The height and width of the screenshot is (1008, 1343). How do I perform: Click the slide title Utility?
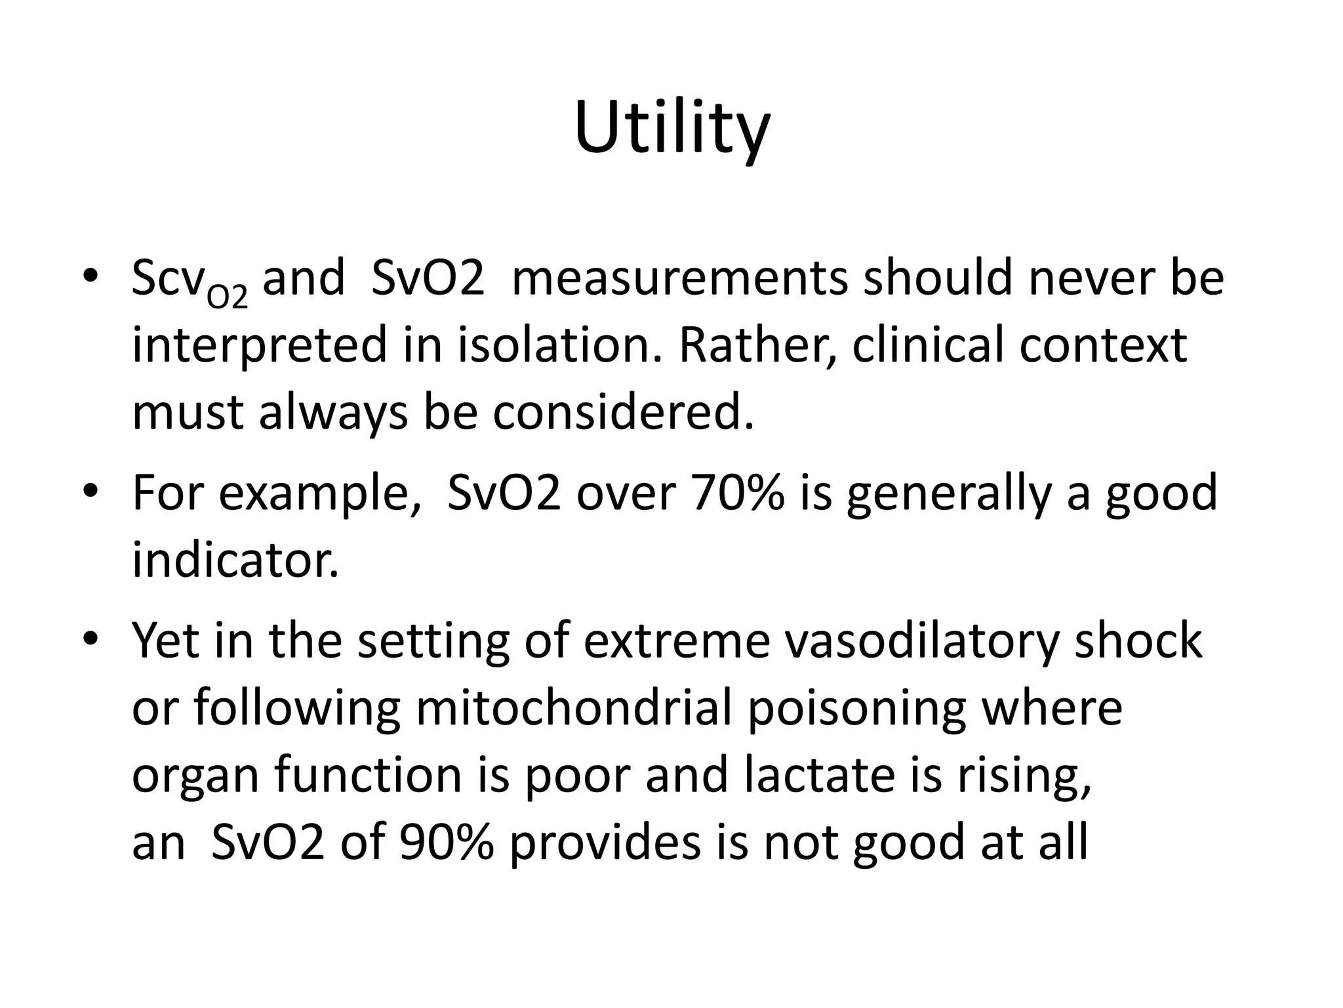pos(671,129)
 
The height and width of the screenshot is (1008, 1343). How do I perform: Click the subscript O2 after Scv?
pos(227,297)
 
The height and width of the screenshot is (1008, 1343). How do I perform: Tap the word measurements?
pos(679,278)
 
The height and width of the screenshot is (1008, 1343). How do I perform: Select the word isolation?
pos(559,346)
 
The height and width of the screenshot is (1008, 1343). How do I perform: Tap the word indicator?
pos(235,561)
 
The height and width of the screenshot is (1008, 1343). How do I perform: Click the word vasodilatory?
pos(920,640)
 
